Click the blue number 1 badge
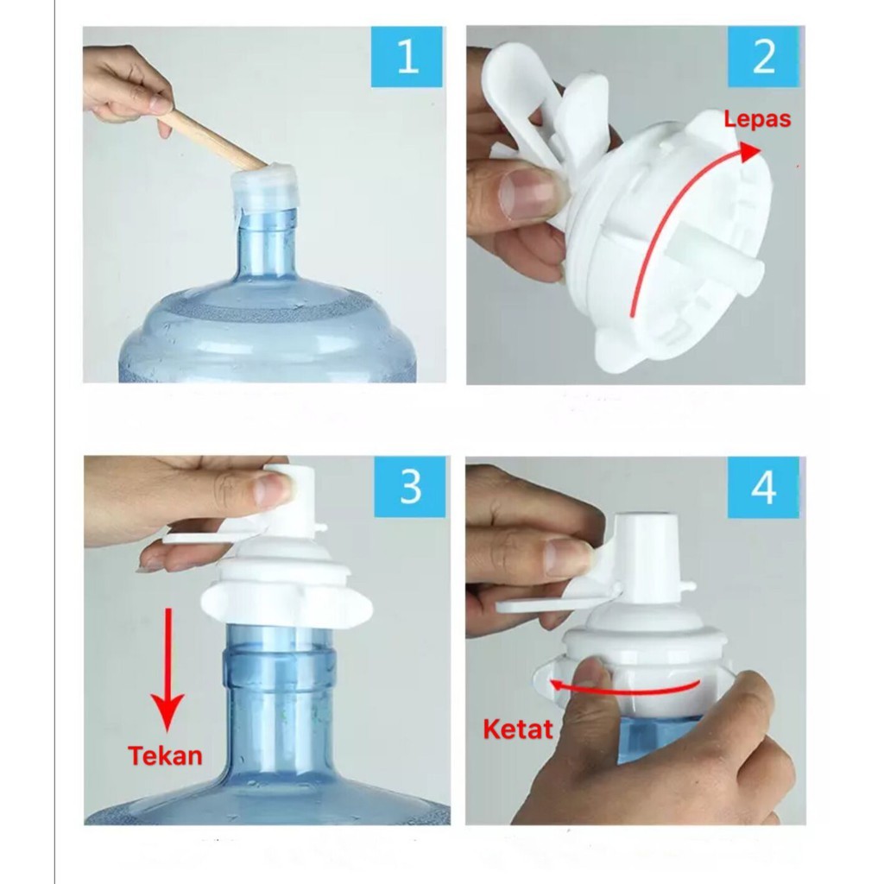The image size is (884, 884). click(407, 56)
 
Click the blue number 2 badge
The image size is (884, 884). click(763, 56)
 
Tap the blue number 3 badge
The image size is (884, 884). click(410, 487)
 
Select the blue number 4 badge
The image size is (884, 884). click(763, 487)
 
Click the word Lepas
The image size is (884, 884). click(757, 119)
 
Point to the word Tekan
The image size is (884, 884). click(165, 755)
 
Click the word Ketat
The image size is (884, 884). click(517, 729)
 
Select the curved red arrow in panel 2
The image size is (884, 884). click(682, 216)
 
